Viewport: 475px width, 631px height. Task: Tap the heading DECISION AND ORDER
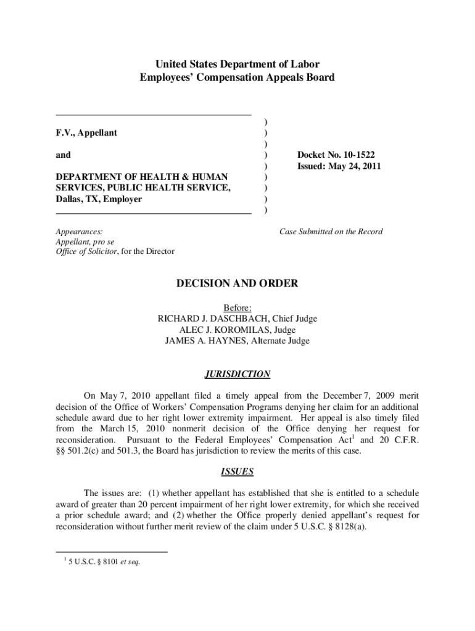pos(237,283)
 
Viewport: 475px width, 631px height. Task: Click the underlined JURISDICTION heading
pos(237,374)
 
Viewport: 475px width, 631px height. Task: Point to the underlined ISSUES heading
pos(237,472)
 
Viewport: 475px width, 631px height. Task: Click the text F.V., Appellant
pos(86,133)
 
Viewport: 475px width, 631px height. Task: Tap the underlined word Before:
pos(238,307)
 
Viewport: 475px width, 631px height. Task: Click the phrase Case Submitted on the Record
pos(331,232)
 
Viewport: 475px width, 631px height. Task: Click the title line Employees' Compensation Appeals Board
pos(237,78)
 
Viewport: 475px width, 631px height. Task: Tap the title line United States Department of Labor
pos(237,64)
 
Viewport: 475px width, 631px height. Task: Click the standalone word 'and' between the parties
pos(63,155)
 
